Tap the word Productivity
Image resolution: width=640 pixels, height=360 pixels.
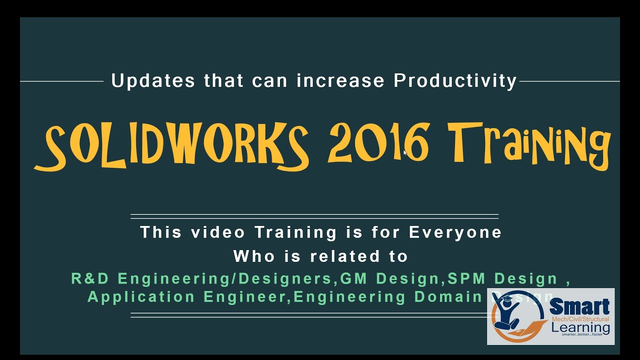(455, 81)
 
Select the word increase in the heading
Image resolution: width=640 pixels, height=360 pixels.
(340, 81)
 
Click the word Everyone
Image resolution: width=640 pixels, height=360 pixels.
(455, 232)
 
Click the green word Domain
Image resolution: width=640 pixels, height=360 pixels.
(447, 297)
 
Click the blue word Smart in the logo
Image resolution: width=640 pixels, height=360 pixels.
(579, 306)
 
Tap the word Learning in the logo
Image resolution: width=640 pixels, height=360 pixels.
(580, 328)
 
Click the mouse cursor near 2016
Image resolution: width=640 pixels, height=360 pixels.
(405, 152)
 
